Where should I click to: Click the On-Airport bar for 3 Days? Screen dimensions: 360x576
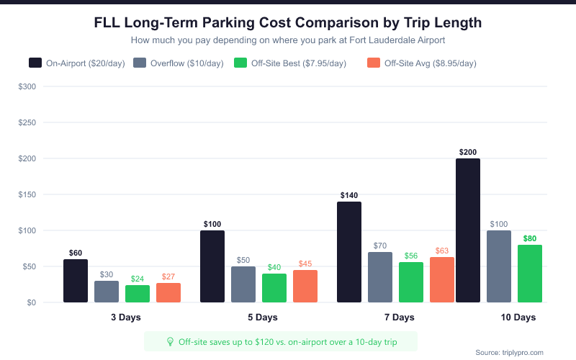tap(76, 281)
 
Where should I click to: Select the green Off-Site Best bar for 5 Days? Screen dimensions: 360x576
tap(274, 288)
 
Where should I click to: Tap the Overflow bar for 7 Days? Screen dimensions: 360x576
tap(380, 277)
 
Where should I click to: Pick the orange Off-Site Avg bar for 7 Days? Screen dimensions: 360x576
tap(442, 280)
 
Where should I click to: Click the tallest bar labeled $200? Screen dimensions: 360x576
tap(468, 230)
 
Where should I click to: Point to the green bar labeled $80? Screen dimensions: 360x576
tap(530, 274)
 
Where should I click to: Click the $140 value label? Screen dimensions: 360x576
tap(349, 195)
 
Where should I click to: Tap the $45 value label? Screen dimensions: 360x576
tap(305, 264)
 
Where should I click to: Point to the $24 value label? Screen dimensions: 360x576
tap(138, 279)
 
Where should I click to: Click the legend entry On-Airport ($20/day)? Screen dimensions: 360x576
tap(77, 63)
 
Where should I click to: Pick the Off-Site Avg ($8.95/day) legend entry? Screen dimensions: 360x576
tap(422, 63)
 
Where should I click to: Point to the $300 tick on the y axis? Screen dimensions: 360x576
tap(28, 86)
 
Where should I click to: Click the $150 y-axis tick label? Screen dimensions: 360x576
tap(28, 194)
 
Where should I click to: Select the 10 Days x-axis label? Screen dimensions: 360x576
tap(518, 318)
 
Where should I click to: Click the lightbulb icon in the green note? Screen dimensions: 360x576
tap(171, 341)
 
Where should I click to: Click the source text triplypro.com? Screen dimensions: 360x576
tap(509, 352)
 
